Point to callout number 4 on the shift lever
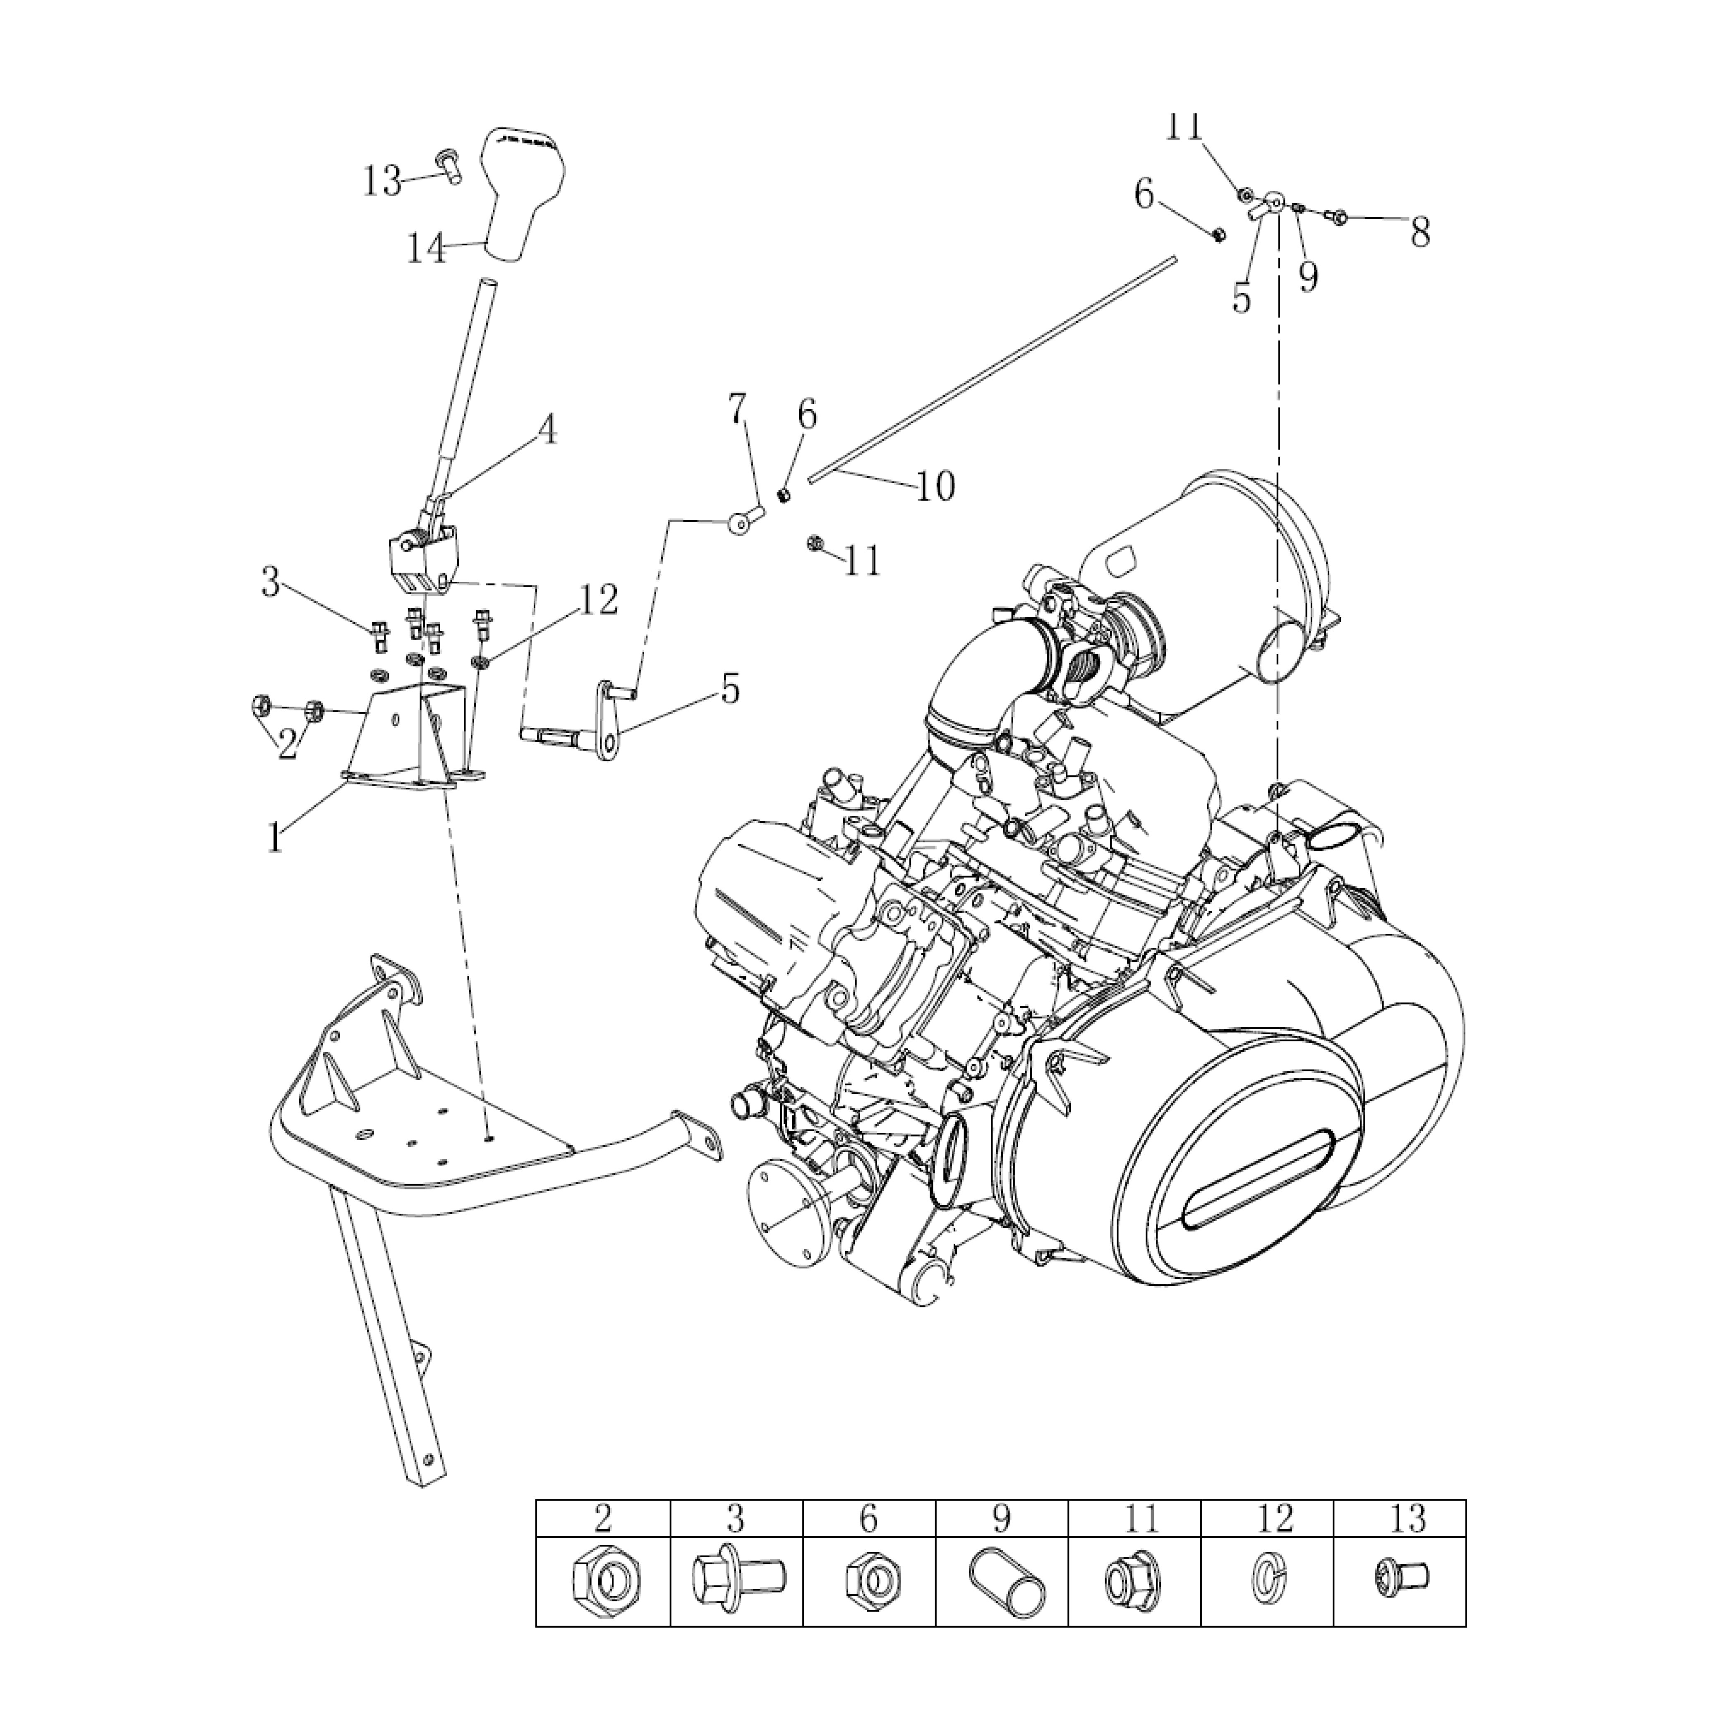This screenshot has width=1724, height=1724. [x=546, y=430]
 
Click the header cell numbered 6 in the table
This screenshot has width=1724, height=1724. [x=869, y=1517]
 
